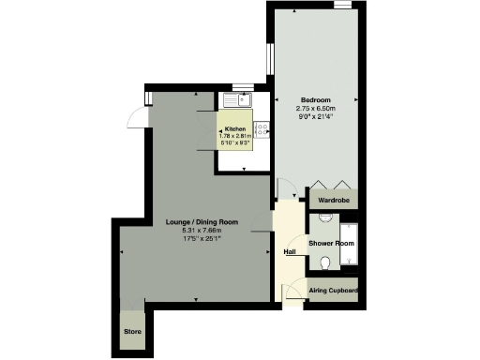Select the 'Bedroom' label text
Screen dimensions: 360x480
pyautogui.click(x=315, y=99)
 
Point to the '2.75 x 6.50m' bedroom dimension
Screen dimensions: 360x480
pyautogui.click(x=315, y=109)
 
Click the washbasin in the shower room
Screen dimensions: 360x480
pyautogui.click(x=323, y=217)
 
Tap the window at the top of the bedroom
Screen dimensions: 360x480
pyautogui.click(x=344, y=6)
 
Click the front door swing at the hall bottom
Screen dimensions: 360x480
pyautogui.click(x=292, y=291)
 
